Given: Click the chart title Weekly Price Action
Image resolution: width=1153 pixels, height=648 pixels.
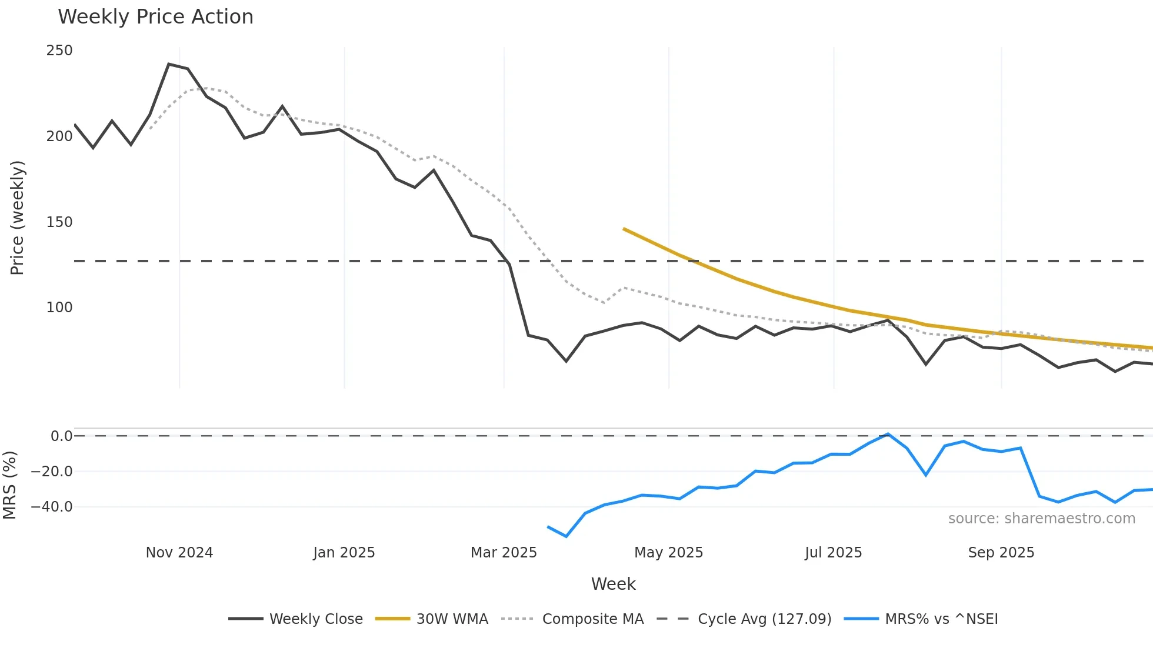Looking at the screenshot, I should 155,17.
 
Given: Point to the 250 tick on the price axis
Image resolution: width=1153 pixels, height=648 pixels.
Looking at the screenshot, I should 59,51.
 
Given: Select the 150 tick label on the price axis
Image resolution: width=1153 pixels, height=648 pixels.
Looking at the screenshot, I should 59,222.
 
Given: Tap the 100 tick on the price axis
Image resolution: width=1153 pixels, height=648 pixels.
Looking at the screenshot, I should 59,308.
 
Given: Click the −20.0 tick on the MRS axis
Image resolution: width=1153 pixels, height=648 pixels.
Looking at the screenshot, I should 52,472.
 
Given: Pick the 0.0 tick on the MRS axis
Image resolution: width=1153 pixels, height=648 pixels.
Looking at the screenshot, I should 61,436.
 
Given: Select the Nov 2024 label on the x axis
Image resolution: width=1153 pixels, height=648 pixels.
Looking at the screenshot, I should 179,553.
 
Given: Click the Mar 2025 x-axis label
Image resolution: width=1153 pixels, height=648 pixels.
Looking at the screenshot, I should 504,553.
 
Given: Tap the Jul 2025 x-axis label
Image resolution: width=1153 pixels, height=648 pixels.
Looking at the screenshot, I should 833,553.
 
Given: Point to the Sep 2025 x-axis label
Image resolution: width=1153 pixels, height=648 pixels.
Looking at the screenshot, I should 1001,553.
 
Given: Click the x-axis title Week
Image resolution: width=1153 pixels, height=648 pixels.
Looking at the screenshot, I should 613,584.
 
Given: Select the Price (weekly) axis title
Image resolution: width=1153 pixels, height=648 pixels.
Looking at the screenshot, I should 17,218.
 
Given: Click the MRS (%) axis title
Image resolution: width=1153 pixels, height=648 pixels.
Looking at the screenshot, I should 9,485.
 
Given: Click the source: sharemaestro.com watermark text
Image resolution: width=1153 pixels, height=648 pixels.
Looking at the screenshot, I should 1041,519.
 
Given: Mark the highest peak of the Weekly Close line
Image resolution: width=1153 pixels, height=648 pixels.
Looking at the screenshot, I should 169,64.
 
